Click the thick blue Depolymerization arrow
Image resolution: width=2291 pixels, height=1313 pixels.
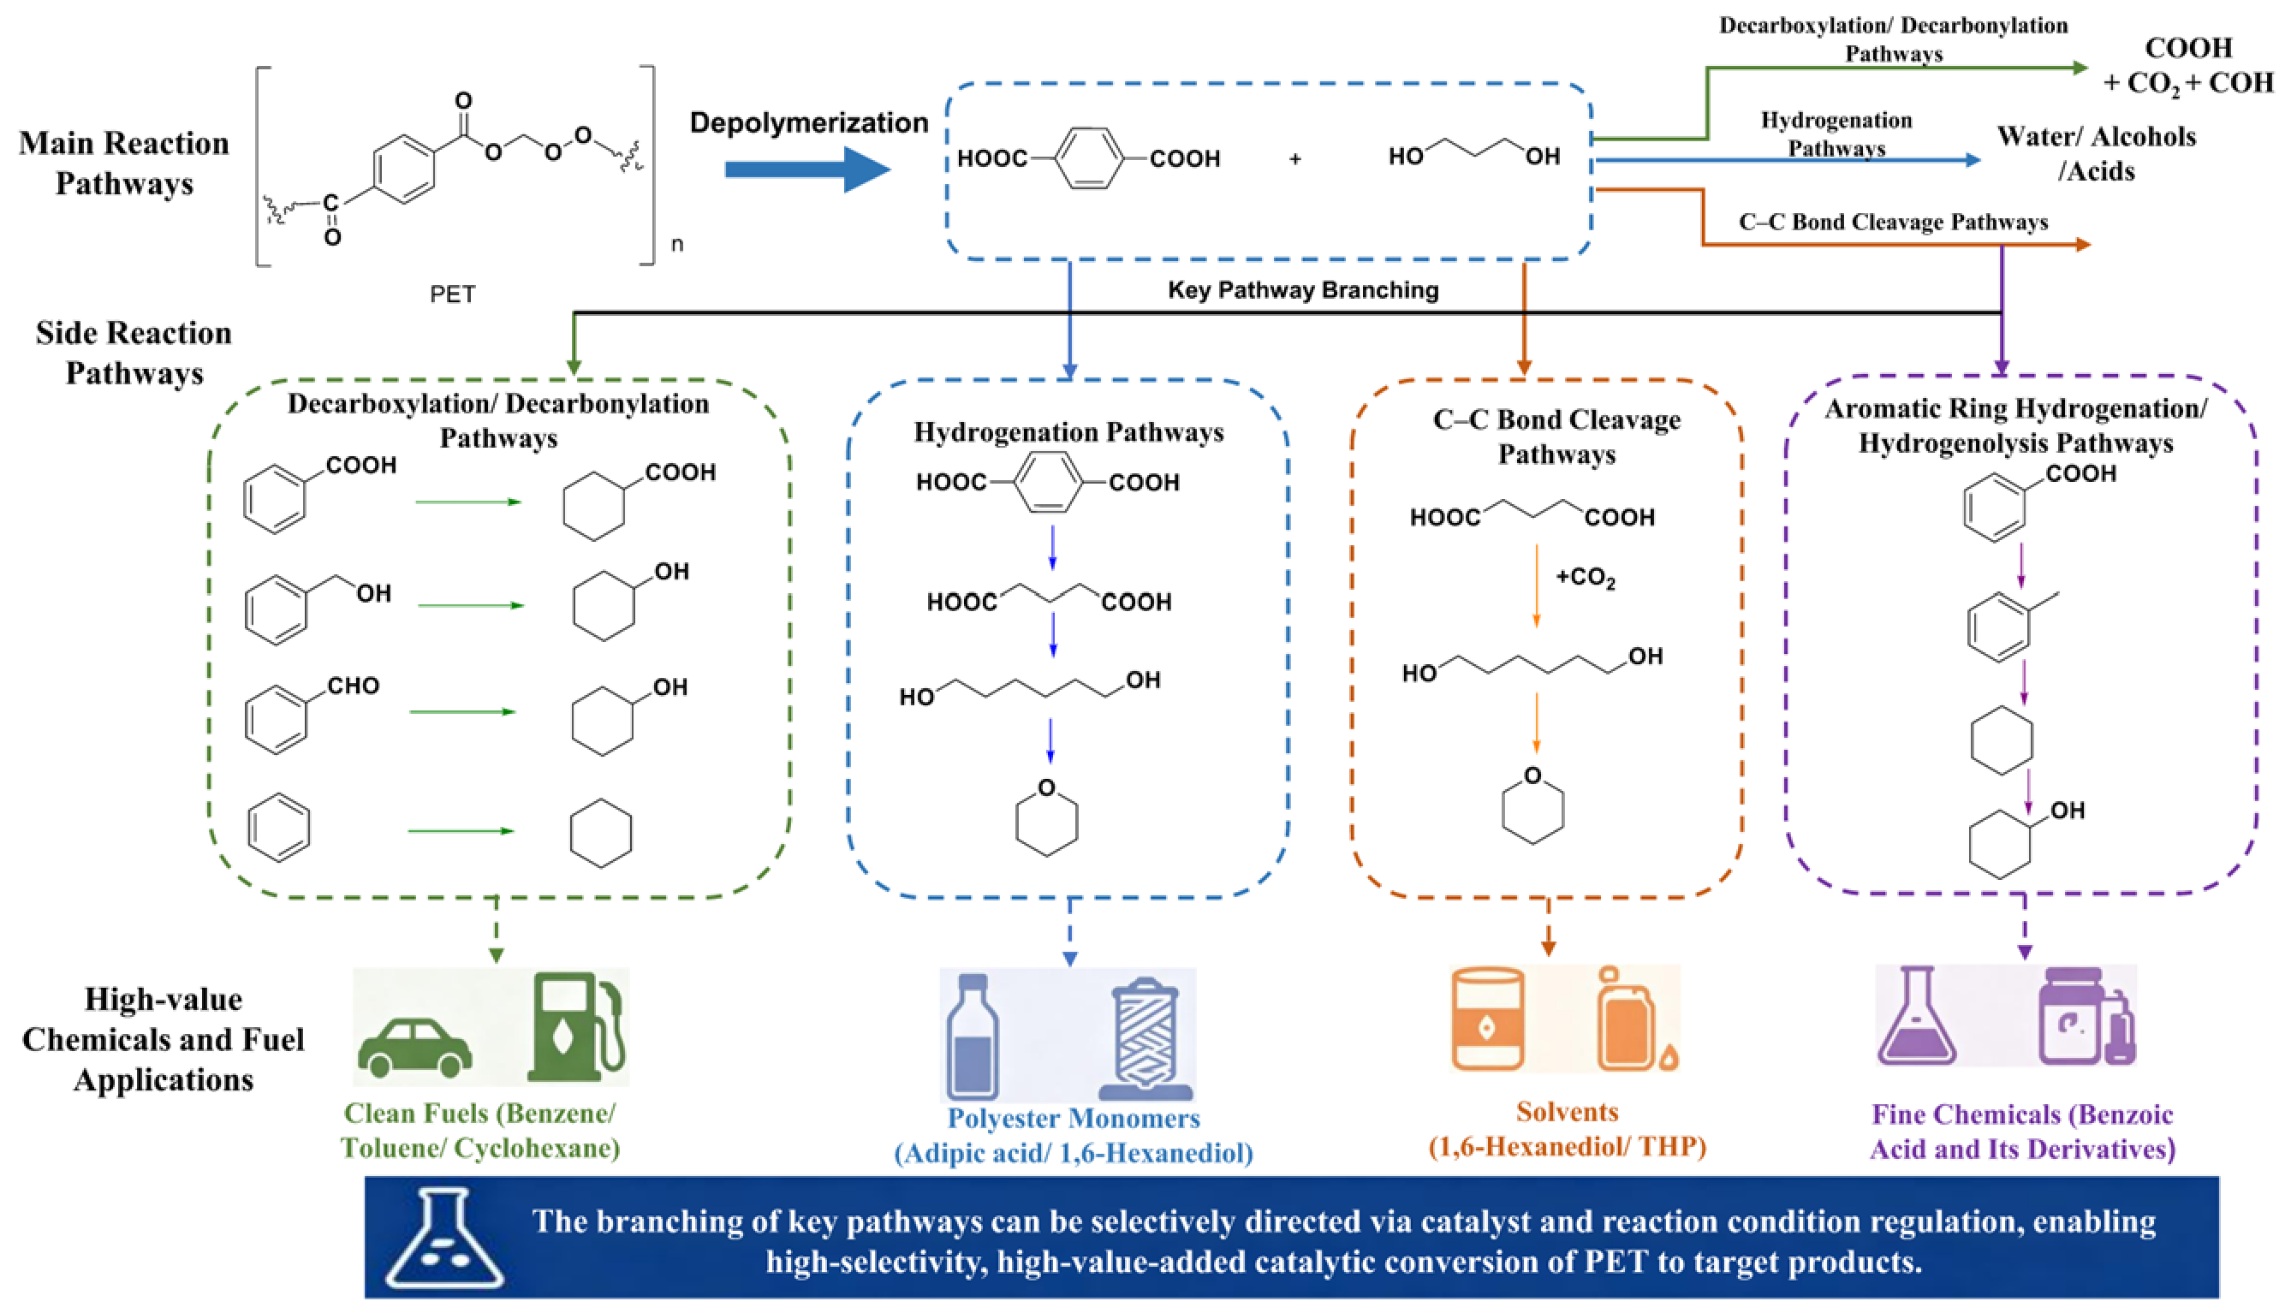(x=807, y=169)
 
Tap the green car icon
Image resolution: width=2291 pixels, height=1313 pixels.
(x=415, y=1047)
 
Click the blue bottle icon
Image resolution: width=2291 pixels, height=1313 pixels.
(x=973, y=1037)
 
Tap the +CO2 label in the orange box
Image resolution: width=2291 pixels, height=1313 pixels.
(x=1586, y=578)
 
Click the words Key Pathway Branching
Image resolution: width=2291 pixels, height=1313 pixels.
(x=1302, y=290)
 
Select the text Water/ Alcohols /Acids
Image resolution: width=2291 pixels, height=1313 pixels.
(x=2096, y=153)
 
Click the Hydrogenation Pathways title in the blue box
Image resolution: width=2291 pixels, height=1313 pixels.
(x=1068, y=432)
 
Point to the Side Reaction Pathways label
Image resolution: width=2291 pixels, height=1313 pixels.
(x=134, y=353)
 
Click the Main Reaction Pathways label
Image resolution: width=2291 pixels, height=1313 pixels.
(x=124, y=163)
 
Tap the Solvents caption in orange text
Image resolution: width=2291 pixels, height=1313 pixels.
(x=1567, y=1112)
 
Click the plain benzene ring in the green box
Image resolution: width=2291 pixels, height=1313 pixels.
(x=279, y=828)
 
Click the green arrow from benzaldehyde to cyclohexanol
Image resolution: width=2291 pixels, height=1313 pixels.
(x=462, y=712)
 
